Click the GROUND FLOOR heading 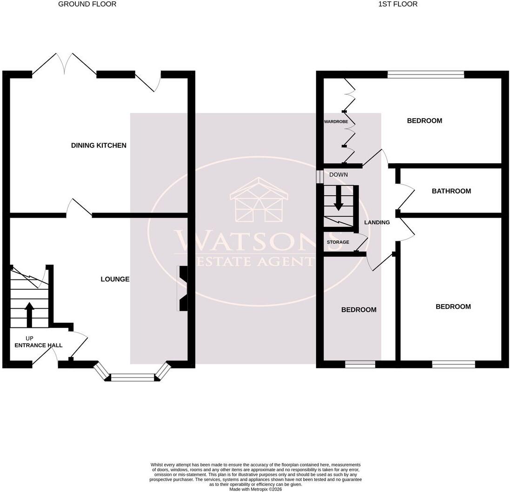(87, 4)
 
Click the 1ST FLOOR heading (398, 4)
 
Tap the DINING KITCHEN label (99, 145)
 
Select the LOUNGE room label (115, 279)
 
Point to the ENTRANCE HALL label (39, 346)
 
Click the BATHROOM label (451, 191)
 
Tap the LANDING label (377, 223)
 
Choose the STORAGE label (338, 242)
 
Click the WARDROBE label (336, 122)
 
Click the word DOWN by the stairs (338, 175)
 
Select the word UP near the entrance (29, 339)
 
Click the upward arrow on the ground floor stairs (30, 315)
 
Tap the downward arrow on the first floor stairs (338, 198)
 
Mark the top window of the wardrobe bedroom (425, 74)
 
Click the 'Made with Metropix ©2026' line (256, 489)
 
